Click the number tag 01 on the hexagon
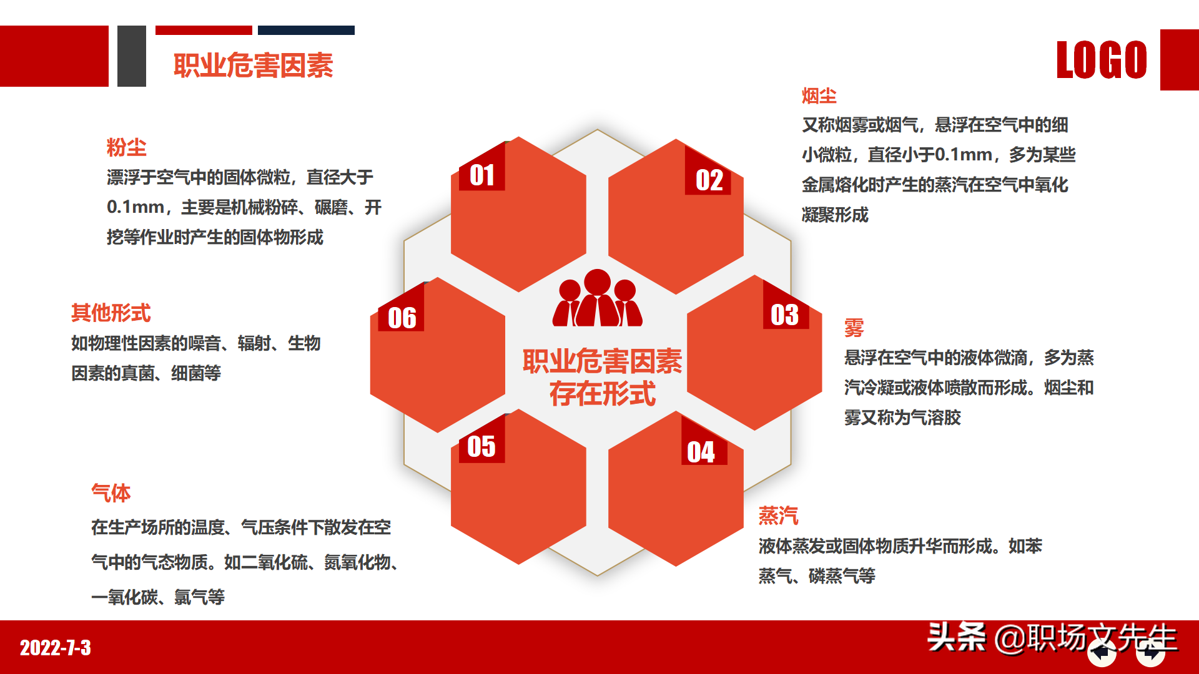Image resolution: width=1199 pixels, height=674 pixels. tap(481, 175)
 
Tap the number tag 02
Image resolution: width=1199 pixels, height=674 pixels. tap(709, 180)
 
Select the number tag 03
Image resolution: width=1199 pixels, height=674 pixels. tap(784, 315)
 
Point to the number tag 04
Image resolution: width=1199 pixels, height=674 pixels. tap(701, 452)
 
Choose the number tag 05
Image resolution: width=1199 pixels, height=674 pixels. tap(481, 446)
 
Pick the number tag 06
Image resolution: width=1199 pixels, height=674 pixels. tap(402, 318)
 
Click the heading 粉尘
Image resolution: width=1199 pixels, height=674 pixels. tap(126, 147)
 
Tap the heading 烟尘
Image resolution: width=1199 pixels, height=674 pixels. tap(819, 95)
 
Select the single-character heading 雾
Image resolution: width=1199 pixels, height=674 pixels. tap(854, 327)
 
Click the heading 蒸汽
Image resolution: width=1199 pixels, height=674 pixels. tap(778, 515)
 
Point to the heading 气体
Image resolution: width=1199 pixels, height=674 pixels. tap(111, 493)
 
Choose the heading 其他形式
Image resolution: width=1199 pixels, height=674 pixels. tap(111, 313)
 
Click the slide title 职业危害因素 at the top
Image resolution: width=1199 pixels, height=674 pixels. tap(253, 66)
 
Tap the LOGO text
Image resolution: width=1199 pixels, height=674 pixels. tap(1101, 61)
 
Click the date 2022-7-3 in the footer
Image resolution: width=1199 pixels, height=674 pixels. tap(56, 648)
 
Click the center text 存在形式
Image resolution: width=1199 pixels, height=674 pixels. tap(602, 394)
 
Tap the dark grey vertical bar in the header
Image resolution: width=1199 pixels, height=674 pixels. tap(131, 56)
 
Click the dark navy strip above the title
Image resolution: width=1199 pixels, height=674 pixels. tap(306, 30)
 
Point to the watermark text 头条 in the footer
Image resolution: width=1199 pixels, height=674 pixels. tap(955, 637)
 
